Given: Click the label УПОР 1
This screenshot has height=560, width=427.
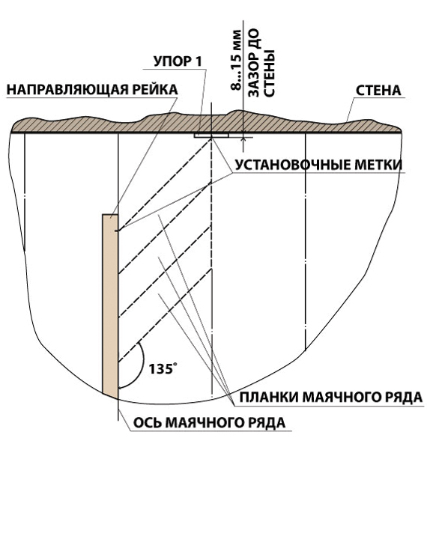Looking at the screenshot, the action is click(x=178, y=62).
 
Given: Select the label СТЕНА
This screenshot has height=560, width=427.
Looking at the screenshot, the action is click(x=378, y=91).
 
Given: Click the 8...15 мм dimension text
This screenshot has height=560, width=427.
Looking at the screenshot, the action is click(x=236, y=61).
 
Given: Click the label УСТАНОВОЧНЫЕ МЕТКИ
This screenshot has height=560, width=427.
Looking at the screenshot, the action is click(x=318, y=165).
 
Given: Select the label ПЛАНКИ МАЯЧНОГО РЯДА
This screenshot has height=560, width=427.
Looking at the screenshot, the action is click(x=331, y=397).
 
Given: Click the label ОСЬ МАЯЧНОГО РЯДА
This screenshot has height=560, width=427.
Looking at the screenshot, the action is click(x=210, y=422).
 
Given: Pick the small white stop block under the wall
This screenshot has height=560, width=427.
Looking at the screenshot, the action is click(x=211, y=136).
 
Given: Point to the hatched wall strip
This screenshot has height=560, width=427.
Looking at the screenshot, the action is click(x=205, y=124).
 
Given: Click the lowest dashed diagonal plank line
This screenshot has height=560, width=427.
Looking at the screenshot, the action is click(x=165, y=316).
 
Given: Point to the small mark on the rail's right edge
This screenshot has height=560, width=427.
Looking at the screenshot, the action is click(x=116, y=231).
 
